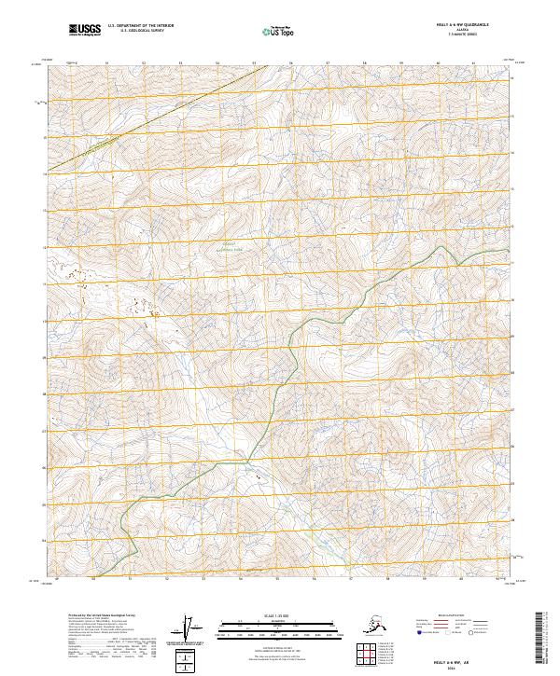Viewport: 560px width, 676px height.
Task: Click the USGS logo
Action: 81,32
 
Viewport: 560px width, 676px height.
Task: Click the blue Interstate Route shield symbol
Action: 413,633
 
